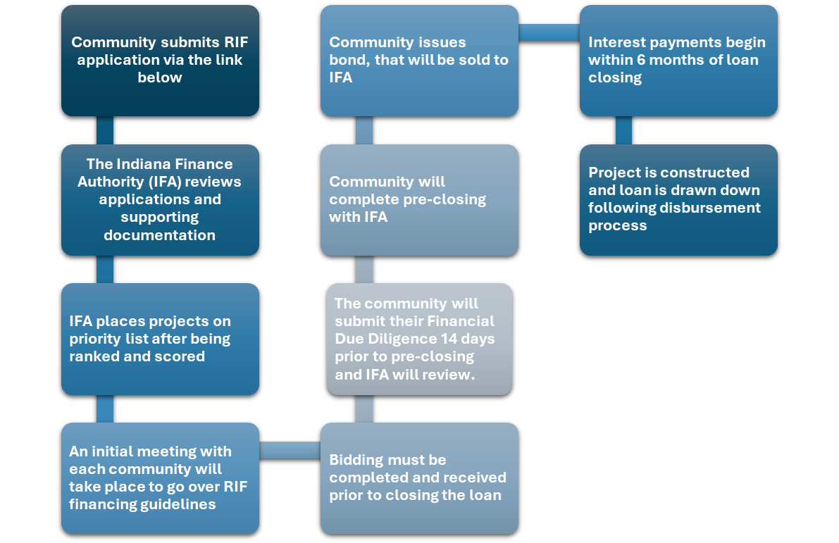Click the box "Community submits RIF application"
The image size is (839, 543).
tap(160, 60)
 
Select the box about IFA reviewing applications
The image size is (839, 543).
tap(160, 199)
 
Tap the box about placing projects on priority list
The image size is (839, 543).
tap(160, 338)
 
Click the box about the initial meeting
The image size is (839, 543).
tap(160, 478)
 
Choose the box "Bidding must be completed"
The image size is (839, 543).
tap(419, 478)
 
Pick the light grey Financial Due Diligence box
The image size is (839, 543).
tap(419, 338)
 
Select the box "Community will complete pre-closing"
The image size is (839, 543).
tap(419, 199)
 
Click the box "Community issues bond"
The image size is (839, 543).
tap(419, 60)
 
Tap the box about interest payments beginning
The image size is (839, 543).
tap(678, 60)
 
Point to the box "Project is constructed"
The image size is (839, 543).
tap(678, 199)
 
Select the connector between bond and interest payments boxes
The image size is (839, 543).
tap(549, 32)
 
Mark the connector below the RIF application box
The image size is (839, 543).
tap(104, 130)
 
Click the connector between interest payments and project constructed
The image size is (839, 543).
tap(623, 130)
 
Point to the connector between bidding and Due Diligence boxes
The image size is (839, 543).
tap(363, 408)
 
